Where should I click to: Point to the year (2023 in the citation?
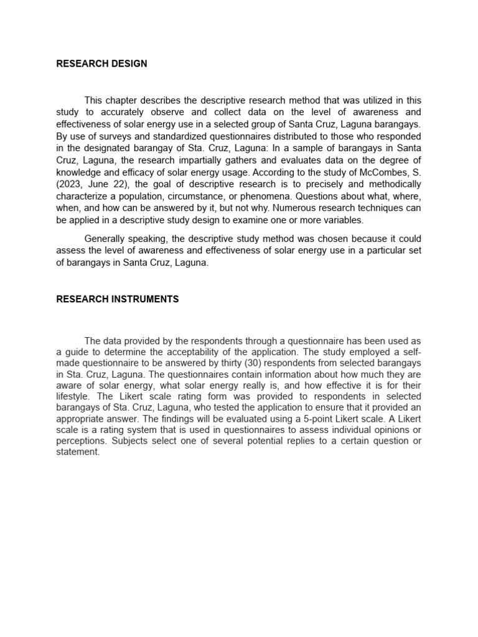(x=69, y=184)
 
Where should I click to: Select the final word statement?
(x=78, y=452)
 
